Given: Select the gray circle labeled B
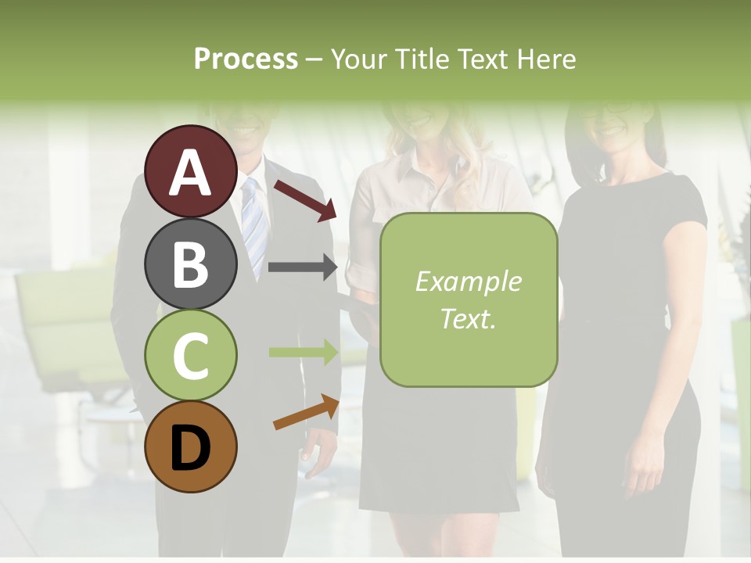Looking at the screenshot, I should coord(191,264).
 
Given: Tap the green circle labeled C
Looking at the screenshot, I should coord(191,355).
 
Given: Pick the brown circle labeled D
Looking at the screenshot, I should coord(191,446).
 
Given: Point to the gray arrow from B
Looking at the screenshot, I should coord(302,267).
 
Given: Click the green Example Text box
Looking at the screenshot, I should coord(468,299).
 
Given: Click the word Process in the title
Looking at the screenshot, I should coord(246,59).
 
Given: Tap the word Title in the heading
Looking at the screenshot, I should coord(423,59).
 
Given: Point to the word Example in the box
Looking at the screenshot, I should coord(468,281).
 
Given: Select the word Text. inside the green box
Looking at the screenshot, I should coord(468,318).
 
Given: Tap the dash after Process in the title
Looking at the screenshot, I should coord(314,59).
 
